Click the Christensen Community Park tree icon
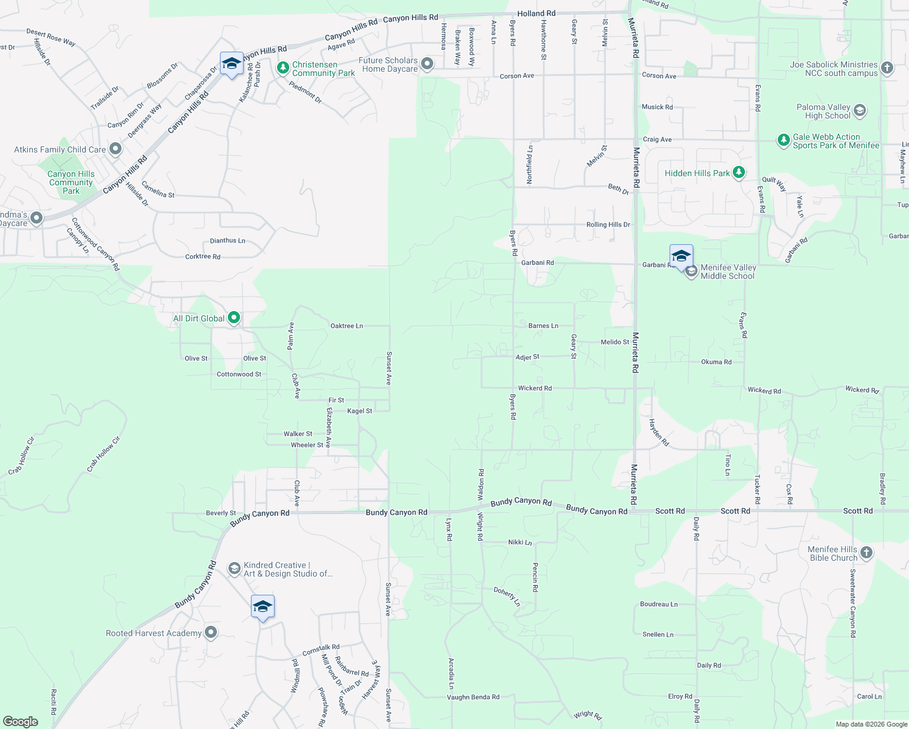point(283,68)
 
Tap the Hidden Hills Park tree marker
point(738,173)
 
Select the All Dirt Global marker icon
point(233,318)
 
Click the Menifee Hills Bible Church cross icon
point(866,553)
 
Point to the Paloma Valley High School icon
point(859,111)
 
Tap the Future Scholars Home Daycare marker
point(427,64)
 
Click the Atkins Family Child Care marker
point(115,149)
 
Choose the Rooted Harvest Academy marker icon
point(211,632)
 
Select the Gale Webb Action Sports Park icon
point(784,140)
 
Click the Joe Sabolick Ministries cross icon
point(887,68)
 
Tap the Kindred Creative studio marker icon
point(234,569)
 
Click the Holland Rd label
point(536,13)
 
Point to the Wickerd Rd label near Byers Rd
point(535,388)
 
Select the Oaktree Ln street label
point(346,326)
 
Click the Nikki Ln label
point(520,542)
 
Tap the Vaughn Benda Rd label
point(473,697)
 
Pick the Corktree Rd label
point(202,257)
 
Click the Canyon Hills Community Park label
point(71,182)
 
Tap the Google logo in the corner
point(21,722)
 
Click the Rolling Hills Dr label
point(608,225)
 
